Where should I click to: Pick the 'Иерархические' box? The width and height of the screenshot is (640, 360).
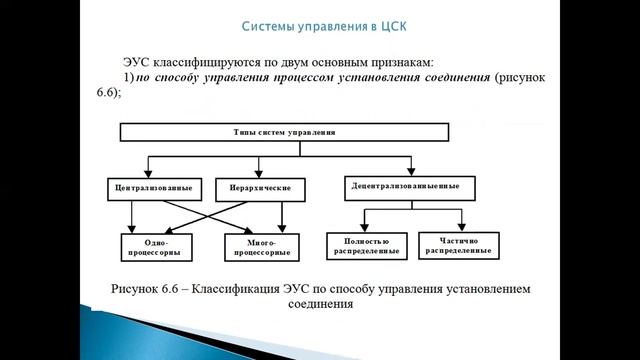pyautogui.click(x=250, y=187)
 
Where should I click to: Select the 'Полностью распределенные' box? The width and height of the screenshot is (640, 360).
pyautogui.click(x=364, y=244)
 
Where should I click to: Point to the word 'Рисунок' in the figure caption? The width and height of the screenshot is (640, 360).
pyautogui.click(x=147, y=288)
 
